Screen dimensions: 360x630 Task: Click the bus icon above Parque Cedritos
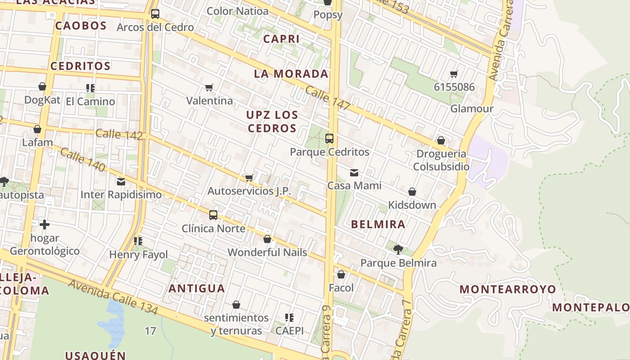[329, 139]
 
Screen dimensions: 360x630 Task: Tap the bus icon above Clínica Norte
[213, 215]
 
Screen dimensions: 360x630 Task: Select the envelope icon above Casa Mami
[354, 172]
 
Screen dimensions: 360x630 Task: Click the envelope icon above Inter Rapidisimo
[121, 182]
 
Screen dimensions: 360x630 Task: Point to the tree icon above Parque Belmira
[398, 249]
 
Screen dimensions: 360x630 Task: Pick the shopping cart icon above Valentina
[209, 87]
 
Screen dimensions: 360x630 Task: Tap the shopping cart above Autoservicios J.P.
[249, 178]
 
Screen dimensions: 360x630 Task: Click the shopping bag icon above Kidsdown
[412, 192]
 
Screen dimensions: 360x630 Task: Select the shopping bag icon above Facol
[341, 274]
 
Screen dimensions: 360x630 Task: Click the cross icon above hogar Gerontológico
[45, 225]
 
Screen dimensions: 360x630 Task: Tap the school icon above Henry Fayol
[138, 242]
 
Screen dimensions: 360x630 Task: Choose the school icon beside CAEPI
[289, 318]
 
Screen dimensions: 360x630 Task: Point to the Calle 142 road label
[119, 134]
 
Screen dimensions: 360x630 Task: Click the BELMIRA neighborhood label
[378, 224]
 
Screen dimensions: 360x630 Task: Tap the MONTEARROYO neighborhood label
[508, 289]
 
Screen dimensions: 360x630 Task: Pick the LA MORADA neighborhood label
[291, 74]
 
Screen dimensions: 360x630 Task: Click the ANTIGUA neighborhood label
[197, 288]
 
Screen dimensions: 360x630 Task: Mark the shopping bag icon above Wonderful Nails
[267, 239]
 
